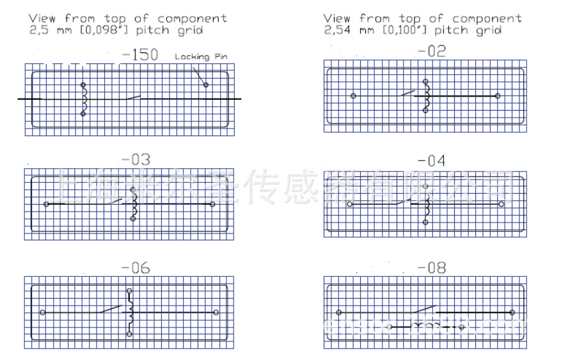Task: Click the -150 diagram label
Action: tap(139, 56)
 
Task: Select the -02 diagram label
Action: tap(431, 52)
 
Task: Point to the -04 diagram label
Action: tap(431, 160)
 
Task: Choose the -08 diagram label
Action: tap(431, 269)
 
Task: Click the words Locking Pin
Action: tap(201, 57)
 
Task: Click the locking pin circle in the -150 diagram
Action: tap(206, 85)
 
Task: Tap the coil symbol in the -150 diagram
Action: tap(83, 99)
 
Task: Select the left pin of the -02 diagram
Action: tap(353, 96)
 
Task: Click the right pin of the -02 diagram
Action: tap(498, 96)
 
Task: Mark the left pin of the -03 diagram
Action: tap(46, 204)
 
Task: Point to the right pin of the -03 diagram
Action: tap(212, 204)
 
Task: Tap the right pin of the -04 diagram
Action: tap(502, 205)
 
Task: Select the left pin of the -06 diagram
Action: tap(42, 312)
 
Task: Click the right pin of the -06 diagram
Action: tap(216, 312)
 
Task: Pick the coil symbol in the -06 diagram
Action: tap(130, 312)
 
